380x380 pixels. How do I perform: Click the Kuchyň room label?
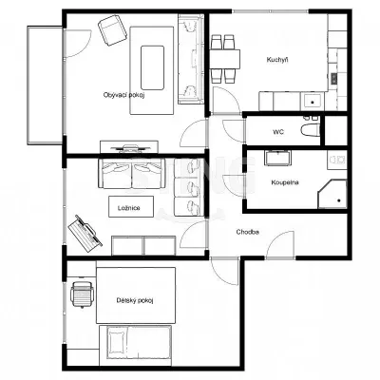[277, 60]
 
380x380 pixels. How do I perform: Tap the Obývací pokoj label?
[123, 95]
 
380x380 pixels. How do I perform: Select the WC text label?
[278, 132]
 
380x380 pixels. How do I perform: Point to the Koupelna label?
[285, 182]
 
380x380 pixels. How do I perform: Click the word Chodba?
[248, 232]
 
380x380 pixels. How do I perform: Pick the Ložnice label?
[129, 208]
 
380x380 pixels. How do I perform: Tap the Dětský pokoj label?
[135, 300]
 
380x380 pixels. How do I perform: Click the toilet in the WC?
[310, 130]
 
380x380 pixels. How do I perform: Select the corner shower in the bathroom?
[332, 194]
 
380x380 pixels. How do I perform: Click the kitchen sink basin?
[313, 102]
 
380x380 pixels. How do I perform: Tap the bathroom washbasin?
[277, 158]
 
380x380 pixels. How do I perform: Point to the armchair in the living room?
[112, 30]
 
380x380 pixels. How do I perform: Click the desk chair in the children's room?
[83, 294]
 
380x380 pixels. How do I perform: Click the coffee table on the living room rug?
[152, 67]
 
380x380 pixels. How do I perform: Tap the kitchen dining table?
[224, 59]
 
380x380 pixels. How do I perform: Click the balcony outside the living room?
[46, 85]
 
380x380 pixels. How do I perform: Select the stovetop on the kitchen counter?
[334, 78]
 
